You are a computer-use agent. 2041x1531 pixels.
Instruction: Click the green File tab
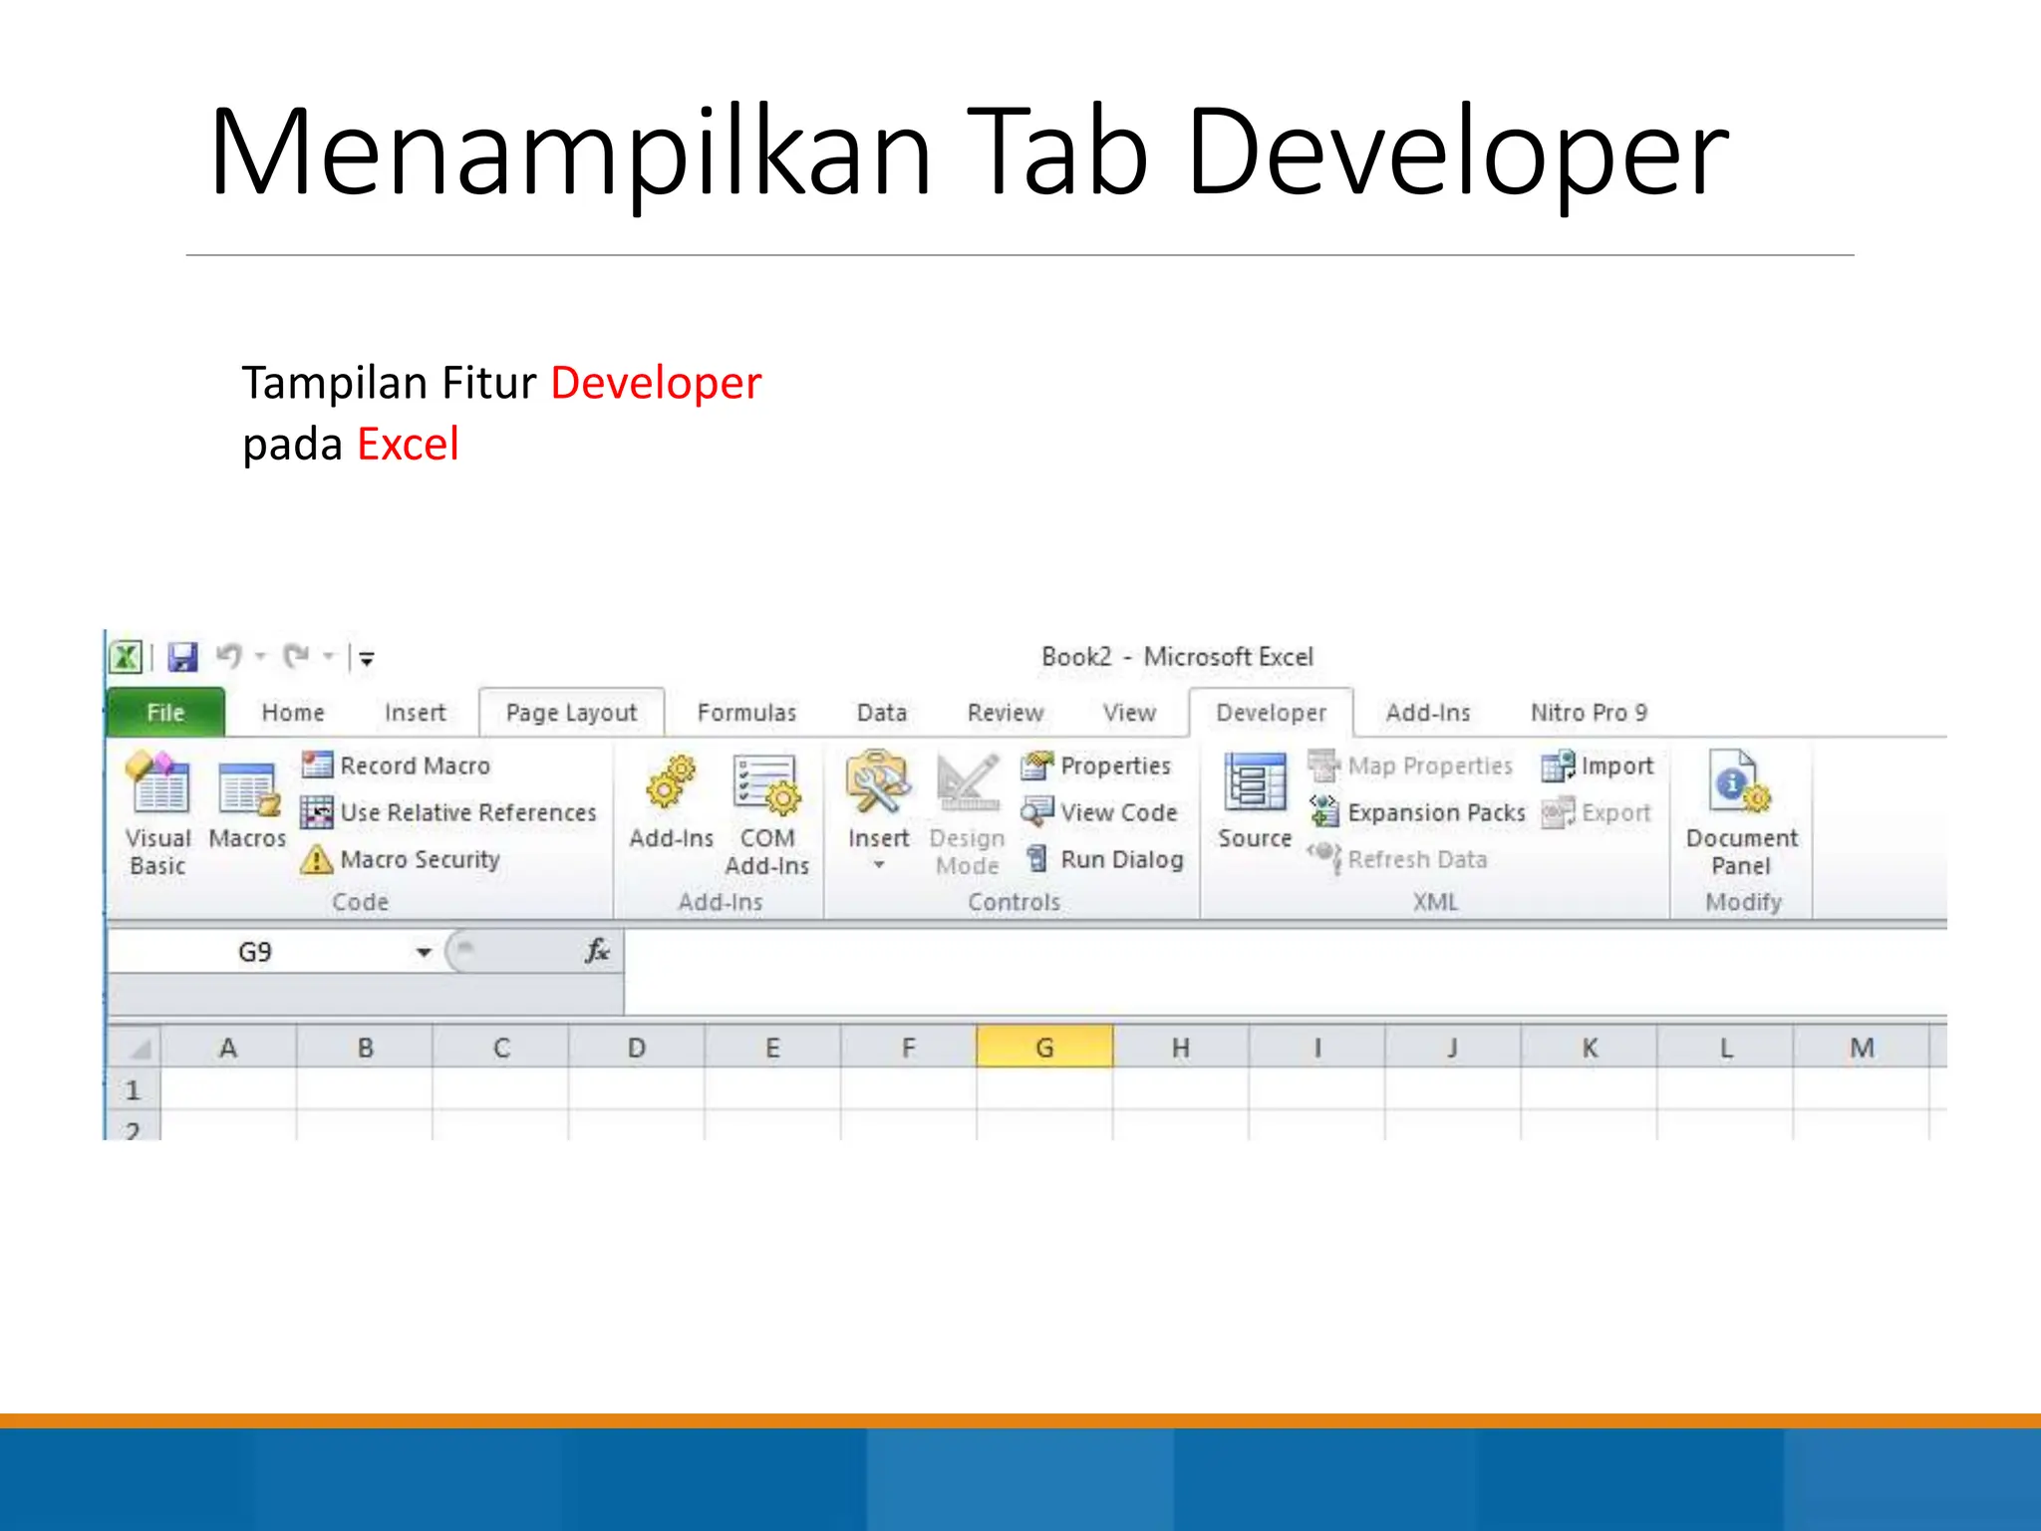click(165, 713)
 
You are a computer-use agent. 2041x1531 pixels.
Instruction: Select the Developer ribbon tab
click(1271, 713)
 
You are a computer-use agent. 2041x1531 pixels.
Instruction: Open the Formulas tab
click(746, 713)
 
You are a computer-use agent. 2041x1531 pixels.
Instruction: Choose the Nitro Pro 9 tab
click(1589, 713)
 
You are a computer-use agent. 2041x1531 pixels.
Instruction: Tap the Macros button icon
click(247, 788)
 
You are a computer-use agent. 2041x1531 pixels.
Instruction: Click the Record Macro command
click(415, 765)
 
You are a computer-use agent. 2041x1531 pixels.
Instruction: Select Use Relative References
click(467, 812)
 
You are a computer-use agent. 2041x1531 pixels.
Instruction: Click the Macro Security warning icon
click(317, 859)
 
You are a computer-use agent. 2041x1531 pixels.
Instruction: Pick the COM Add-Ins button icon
click(766, 784)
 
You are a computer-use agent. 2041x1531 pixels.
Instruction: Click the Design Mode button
click(967, 812)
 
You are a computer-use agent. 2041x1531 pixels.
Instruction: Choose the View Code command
click(1118, 812)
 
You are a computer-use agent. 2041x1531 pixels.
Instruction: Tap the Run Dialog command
click(1121, 859)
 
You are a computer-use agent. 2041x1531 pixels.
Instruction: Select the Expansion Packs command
click(1435, 812)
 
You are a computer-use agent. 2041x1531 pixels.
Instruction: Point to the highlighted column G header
click(1044, 1048)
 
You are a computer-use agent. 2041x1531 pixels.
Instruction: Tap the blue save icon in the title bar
click(183, 657)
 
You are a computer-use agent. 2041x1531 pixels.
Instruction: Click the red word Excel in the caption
click(409, 445)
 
